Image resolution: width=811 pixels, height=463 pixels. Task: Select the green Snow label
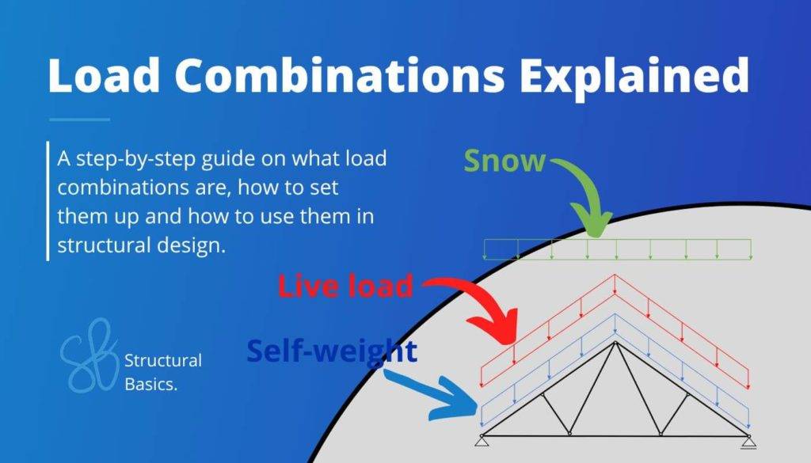coord(504,161)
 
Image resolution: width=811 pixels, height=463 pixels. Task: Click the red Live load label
coord(345,286)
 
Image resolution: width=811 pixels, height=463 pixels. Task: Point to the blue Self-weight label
coord(331,350)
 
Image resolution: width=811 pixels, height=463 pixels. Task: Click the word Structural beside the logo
coord(162,361)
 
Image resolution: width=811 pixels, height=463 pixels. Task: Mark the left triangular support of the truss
coord(481,440)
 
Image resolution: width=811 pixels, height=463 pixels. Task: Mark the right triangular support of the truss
coord(748,440)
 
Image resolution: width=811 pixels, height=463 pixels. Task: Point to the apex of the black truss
coord(615,343)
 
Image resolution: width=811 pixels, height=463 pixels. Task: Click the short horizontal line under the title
coord(79,120)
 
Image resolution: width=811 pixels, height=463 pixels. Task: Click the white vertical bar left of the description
coord(48,201)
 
